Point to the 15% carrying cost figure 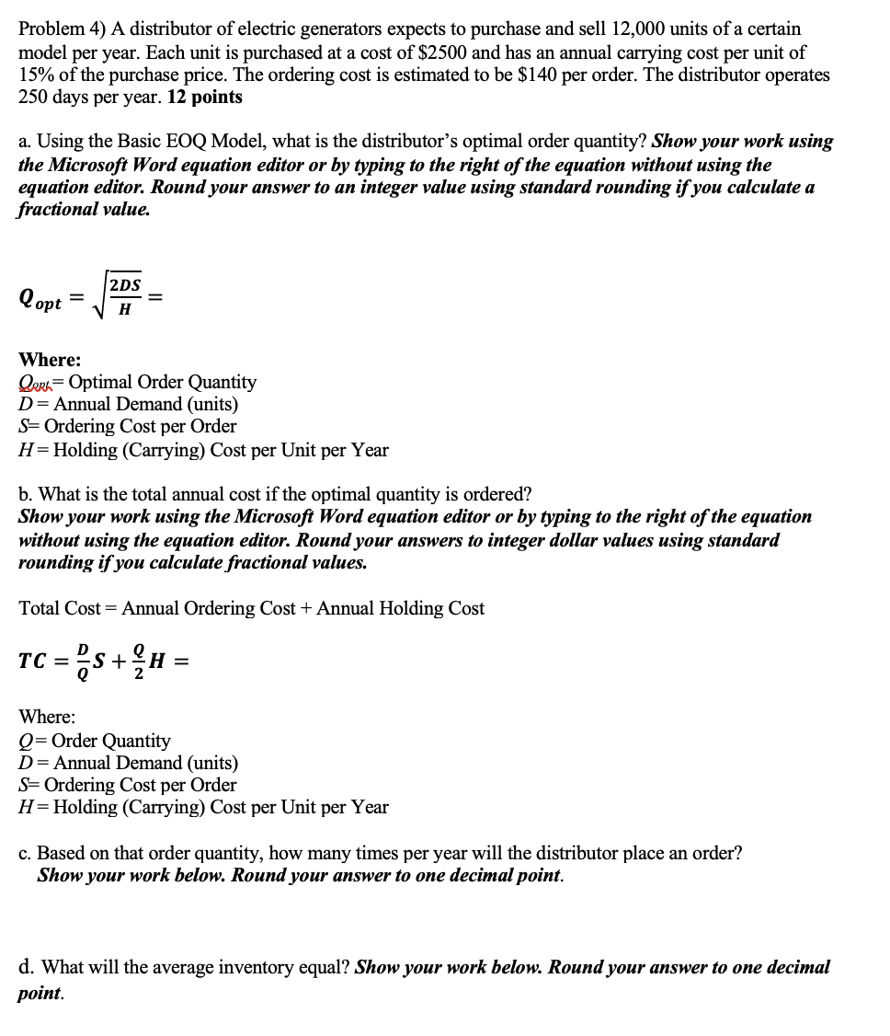(x=38, y=75)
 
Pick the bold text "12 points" (x=205, y=98)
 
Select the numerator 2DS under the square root (x=125, y=285)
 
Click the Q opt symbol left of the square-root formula (x=40, y=300)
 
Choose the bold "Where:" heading (x=50, y=360)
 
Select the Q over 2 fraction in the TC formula (x=139, y=659)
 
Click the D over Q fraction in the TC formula (x=82, y=659)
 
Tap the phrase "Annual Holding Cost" (x=400, y=608)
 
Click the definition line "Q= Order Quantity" (x=95, y=741)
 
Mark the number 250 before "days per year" (x=34, y=98)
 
